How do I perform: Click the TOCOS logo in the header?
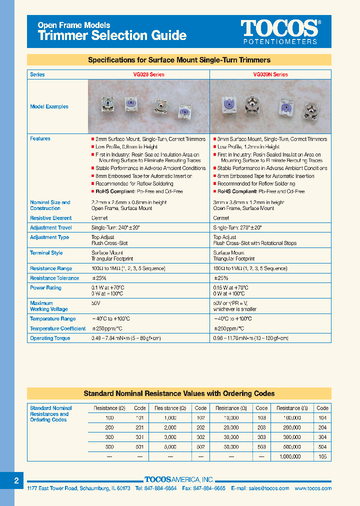279,28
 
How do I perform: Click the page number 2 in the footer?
16,480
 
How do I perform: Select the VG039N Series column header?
270,74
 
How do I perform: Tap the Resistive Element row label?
50,218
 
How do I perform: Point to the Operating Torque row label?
50,338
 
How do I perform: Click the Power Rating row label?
45,288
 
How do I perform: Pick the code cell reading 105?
322,456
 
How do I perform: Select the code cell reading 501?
139,447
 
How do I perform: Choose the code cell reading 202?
200,427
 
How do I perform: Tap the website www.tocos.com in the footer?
313,488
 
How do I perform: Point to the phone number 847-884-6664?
160,488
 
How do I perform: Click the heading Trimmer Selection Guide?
112,35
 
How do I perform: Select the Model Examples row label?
49,106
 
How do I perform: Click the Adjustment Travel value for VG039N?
237,227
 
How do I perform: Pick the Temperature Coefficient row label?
57,328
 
